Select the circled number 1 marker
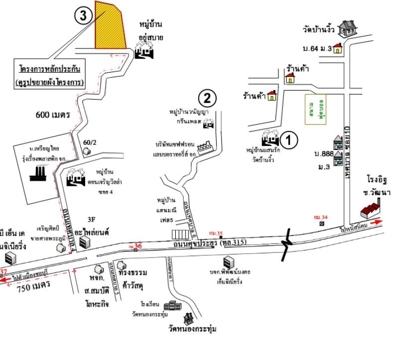pos(290,139)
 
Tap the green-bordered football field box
pos(313,108)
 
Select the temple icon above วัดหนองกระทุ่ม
pos(189,317)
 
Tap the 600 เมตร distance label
pos(53,115)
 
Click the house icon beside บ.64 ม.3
pos(338,48)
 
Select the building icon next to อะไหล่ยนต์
pos(86,242)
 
